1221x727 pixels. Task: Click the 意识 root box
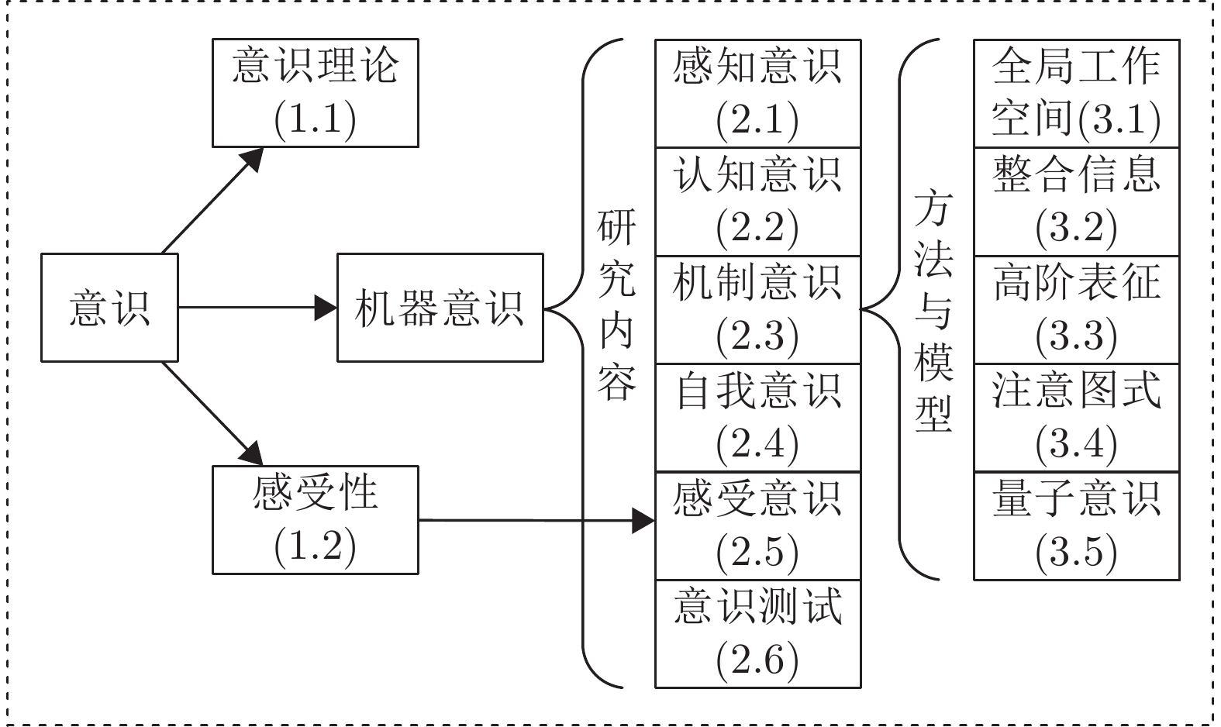point(109,308)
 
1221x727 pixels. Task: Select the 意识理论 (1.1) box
point(316,93)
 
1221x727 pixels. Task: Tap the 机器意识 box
point(440,308)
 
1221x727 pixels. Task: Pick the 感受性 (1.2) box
point(316,520)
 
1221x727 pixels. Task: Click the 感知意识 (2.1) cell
point(758,93)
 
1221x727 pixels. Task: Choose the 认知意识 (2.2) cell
point(758,201)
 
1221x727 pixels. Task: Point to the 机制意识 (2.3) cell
point(758,309)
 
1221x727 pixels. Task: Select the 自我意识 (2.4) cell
point(758,418)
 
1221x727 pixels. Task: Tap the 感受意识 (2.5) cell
point(758,526)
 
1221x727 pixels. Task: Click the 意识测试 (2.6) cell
point(758,634)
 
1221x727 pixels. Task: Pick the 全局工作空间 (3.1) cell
point(1077,93)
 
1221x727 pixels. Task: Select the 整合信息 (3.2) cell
point(1077,201)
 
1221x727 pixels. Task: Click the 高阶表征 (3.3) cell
point(1077,309)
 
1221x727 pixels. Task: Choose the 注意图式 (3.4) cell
point(1077,418)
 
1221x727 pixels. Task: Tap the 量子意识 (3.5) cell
point(1077,526)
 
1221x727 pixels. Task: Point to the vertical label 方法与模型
point(933,311)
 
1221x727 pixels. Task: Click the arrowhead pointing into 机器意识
point(326,308)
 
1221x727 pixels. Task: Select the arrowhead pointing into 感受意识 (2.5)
point(643,521)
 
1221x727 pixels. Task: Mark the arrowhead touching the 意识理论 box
point(252,159)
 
